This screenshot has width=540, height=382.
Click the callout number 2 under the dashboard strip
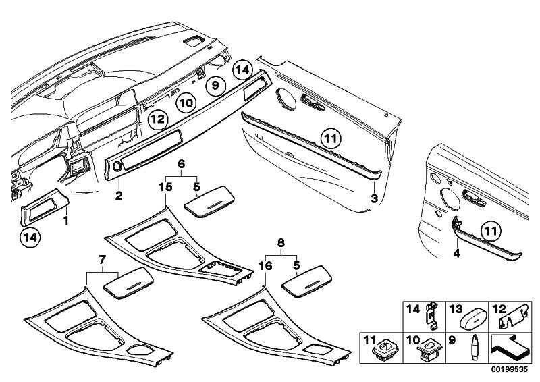(x=119, y=196)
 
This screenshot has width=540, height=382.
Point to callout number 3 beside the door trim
(x=374, y=198)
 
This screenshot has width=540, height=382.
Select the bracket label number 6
(x=181, y=164)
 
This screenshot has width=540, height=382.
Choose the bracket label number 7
(x=103, y=259)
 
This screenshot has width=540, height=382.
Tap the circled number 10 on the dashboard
(x=187, y=103)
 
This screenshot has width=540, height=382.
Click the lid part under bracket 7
(x=127, y=279)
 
